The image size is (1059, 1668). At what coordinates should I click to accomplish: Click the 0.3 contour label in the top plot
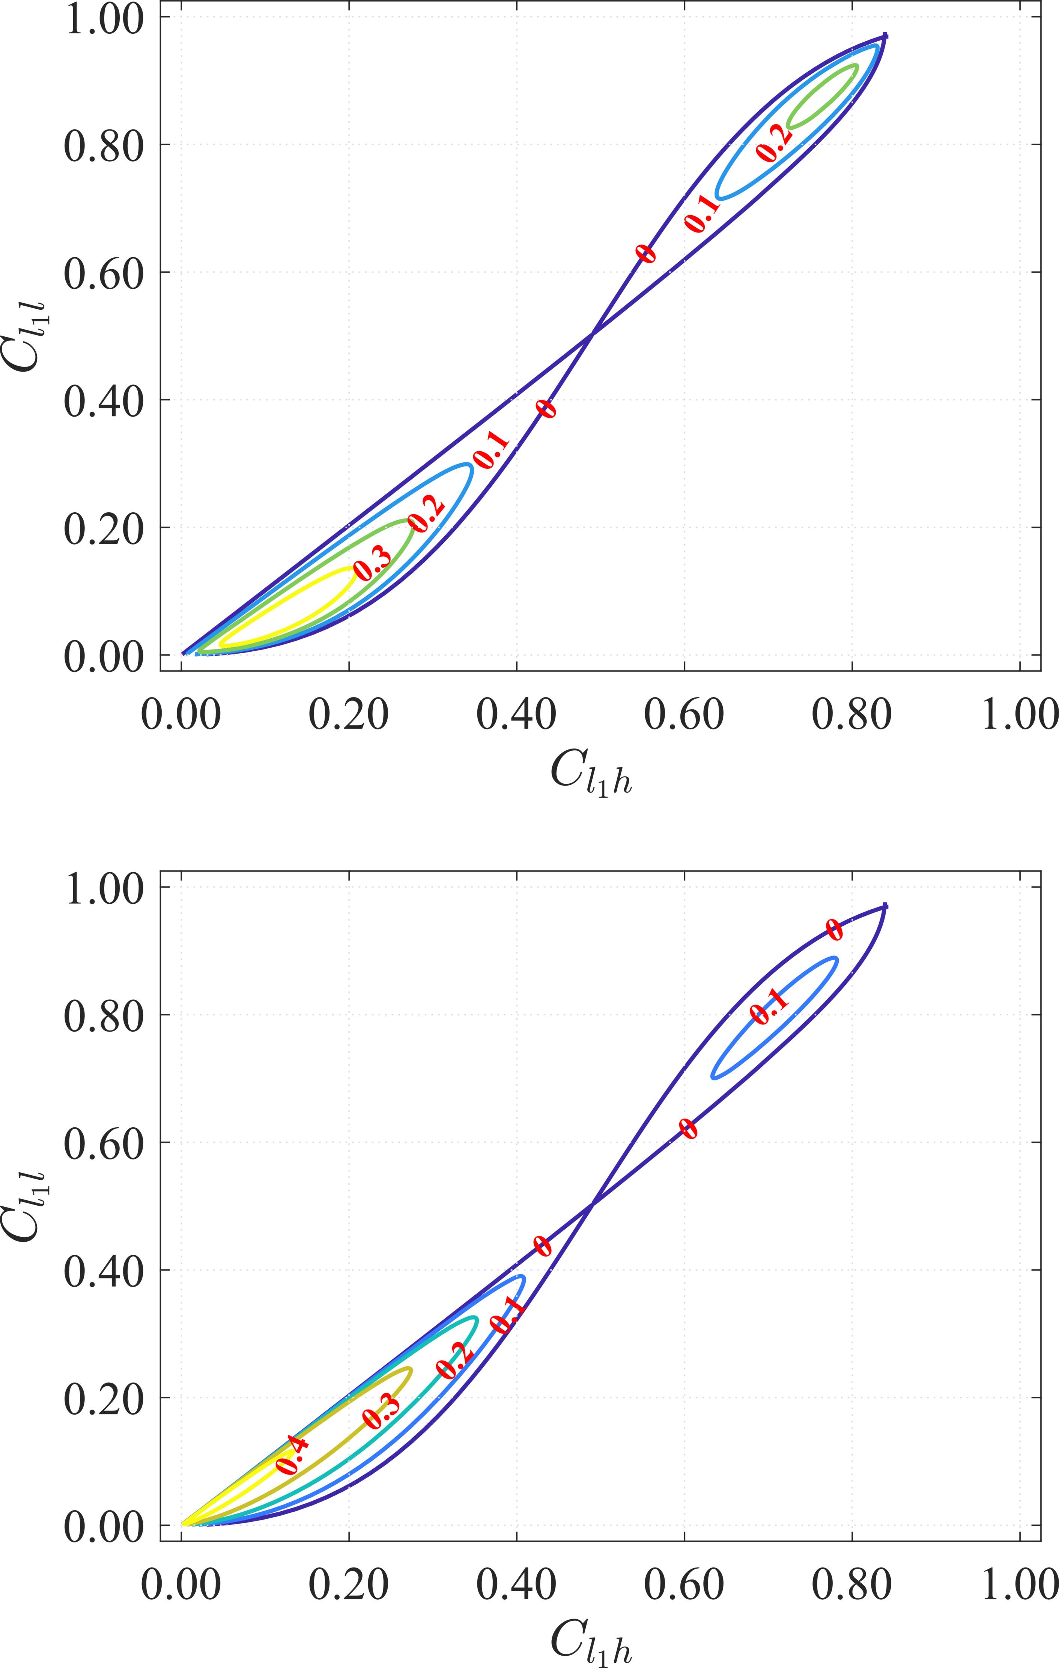[x=372, y=561]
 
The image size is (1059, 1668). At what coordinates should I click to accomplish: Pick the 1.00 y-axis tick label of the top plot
[x=104, y=19]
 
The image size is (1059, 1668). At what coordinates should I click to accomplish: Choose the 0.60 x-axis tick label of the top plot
[x=684, y=715]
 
